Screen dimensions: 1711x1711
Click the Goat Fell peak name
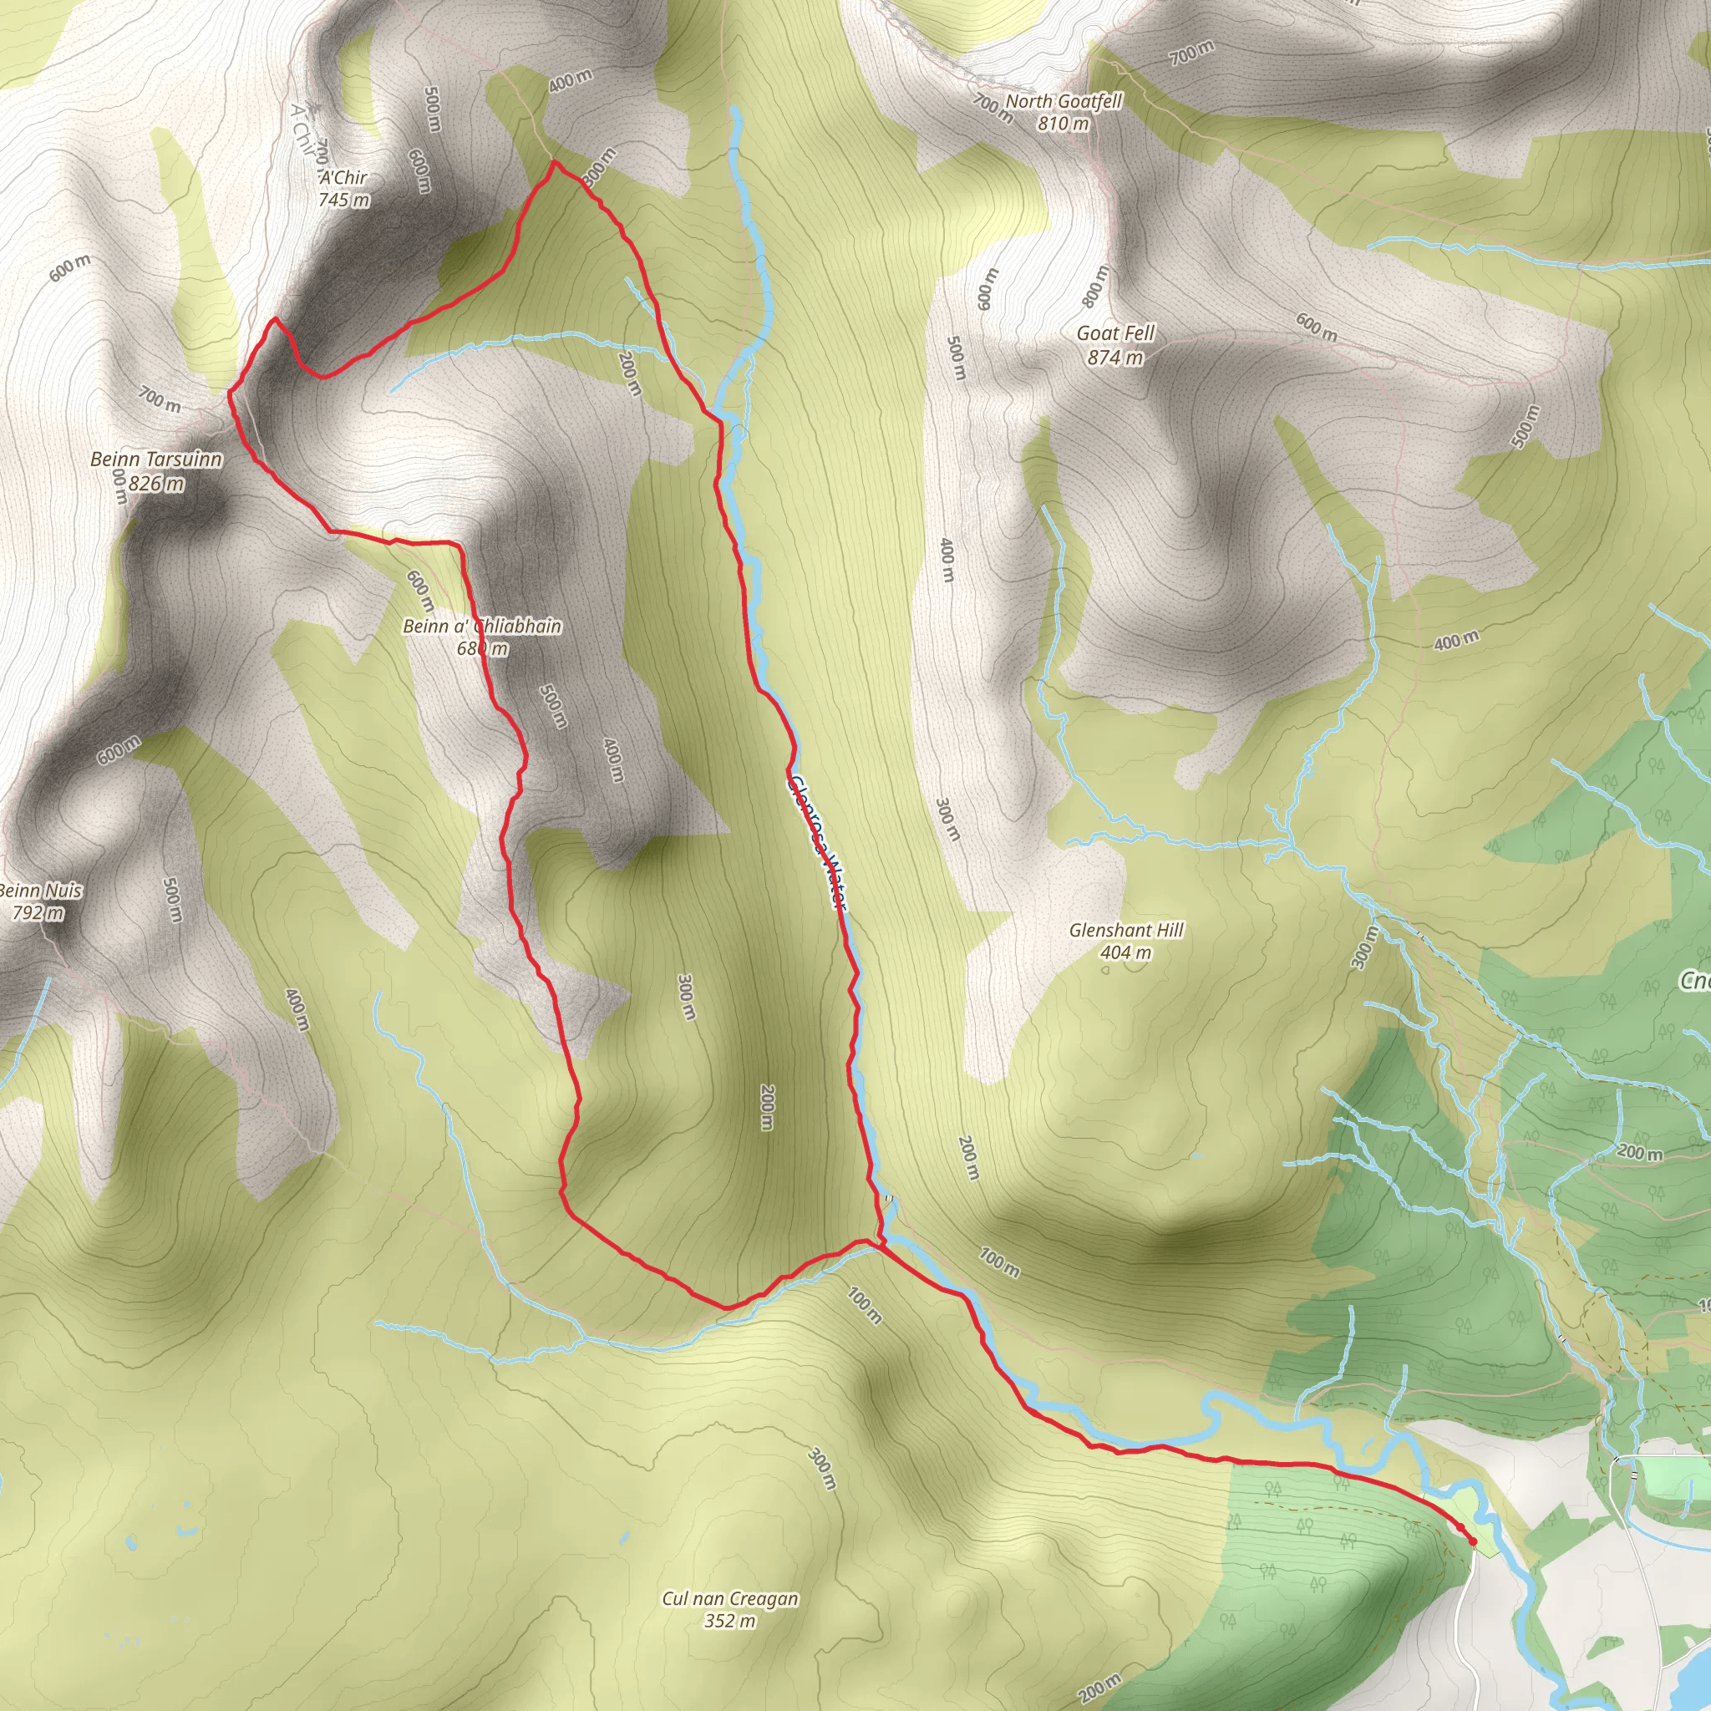point(1115,333)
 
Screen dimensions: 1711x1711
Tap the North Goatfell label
point(1064,102)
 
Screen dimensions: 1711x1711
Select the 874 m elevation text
point(1115,357)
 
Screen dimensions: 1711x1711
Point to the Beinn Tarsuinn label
point(156,459)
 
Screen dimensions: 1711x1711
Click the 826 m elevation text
point(157,484)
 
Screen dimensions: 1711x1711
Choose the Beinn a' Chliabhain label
point(482,626)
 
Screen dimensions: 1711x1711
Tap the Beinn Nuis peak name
point(40,890)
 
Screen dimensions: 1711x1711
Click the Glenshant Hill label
point(1125,930)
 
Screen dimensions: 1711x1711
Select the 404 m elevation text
point(1125,953)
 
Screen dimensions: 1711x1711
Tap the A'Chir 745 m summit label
point(343,189)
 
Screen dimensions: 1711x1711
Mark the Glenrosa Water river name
point(817,841)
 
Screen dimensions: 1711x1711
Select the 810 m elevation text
point(1064,124)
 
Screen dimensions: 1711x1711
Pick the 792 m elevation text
point(39,912)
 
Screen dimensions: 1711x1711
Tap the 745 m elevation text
point(343,201)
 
